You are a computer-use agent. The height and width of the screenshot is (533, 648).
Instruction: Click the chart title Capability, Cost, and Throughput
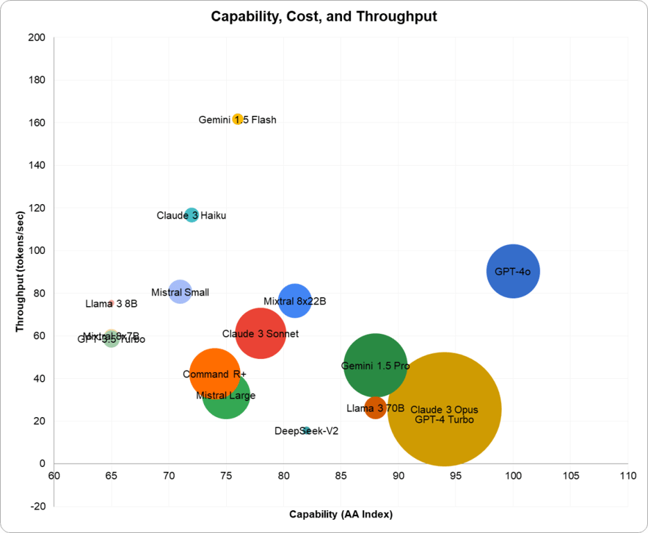(324, 17)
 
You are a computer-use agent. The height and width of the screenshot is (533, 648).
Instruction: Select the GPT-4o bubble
(513, 271)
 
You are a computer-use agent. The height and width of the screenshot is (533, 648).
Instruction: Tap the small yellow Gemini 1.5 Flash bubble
(238, 119)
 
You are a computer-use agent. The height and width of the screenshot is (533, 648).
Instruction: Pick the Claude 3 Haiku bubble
(191, 215)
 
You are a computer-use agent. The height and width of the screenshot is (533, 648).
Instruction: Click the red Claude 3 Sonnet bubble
(261, 334)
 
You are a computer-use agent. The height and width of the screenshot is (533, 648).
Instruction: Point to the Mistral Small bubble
(180, 291)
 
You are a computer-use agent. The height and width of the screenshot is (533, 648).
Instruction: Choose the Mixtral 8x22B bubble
(295, 301)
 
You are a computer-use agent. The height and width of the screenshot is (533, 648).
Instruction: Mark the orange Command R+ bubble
(214, 374)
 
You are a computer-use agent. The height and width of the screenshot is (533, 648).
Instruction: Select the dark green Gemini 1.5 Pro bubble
(375, 365)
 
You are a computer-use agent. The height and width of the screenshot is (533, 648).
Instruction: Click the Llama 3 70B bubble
(375, 407)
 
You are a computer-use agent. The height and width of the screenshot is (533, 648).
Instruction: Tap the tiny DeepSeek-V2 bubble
(307, 431)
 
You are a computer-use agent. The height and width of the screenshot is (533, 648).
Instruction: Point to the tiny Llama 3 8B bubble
(111, 303)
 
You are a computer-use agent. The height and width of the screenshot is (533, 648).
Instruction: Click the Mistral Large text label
(225, 396)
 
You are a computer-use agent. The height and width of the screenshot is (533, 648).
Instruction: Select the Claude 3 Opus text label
(444, 409)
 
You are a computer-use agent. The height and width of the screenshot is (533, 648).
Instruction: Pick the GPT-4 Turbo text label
(444, 420)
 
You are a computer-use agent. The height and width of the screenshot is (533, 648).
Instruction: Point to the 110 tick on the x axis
(628, 476)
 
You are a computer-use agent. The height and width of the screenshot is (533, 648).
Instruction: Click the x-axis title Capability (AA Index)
(341, 514)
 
